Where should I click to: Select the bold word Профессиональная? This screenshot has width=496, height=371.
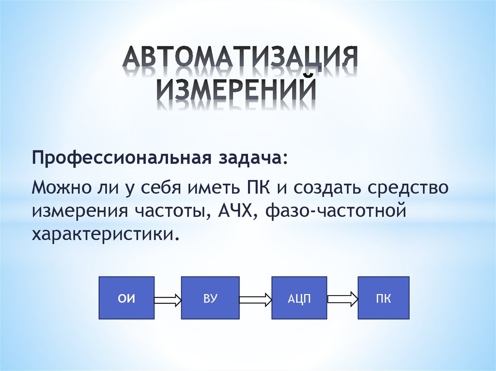click(122, 158)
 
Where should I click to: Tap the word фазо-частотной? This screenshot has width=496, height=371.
click(336, 211)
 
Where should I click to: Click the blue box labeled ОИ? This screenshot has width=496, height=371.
click(126, 297)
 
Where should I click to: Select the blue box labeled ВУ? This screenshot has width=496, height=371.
click(210, 297)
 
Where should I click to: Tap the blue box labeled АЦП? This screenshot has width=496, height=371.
click(299, 297)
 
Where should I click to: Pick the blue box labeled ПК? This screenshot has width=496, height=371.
click(384, 297)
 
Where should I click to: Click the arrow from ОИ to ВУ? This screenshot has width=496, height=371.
click(168, 299)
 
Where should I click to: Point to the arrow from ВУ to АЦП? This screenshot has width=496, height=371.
click(255, 299)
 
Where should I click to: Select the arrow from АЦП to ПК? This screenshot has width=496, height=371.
click(342, 299)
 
